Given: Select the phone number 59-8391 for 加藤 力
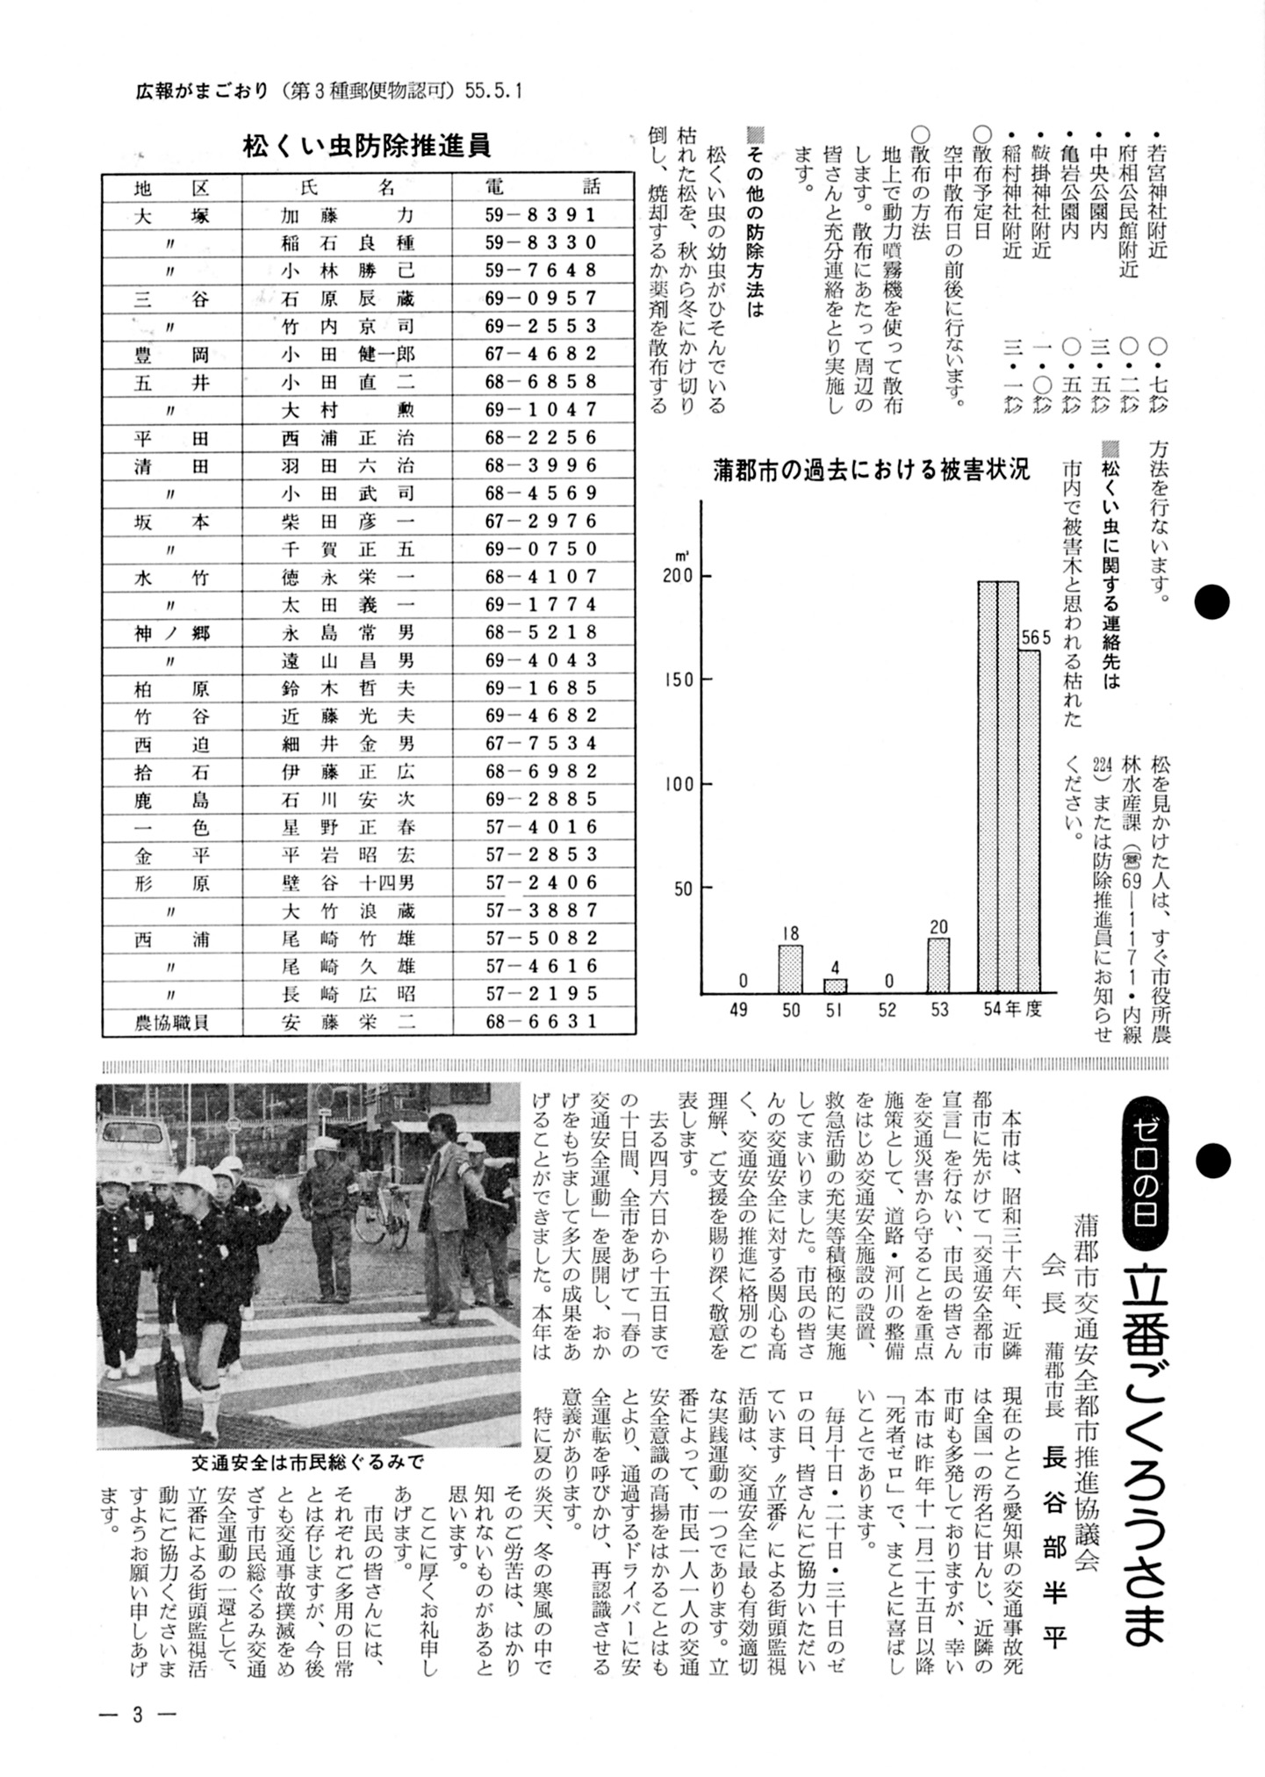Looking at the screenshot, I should click(540, 214).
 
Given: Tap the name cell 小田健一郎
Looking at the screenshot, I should click(347, 354).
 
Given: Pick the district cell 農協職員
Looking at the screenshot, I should click(172, 1022).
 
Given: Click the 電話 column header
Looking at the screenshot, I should click(542, 186).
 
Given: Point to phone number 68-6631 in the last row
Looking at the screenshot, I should click(540, 1022).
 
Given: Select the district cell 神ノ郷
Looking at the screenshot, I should click(172, 632).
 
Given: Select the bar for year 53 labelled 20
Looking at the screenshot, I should click(938, 965).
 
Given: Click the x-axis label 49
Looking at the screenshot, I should click(738, 1009).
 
